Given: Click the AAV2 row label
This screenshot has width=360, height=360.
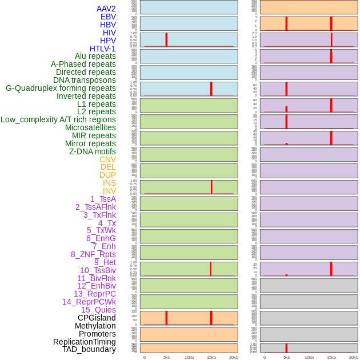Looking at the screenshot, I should pos(106,9).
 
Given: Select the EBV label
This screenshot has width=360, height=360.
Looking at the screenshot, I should pos(108,17).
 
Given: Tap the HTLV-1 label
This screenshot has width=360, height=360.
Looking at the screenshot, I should pos(102,49).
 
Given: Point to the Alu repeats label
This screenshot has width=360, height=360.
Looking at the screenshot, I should pos(95,56).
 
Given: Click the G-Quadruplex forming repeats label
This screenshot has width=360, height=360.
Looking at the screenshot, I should pos(61,88).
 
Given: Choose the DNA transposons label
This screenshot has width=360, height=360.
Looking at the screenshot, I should pos(85,80).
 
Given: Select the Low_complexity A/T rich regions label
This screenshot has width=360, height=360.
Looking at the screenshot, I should pos(58,119).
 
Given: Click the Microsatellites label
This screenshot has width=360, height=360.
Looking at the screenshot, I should pos(90,127).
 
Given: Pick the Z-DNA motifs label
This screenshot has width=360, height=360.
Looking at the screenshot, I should pos(93,151).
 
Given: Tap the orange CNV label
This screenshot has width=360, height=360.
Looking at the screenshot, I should pos(107,159).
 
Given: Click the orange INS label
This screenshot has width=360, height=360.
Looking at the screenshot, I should pos(109,183).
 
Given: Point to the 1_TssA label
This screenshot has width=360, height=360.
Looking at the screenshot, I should pos(103,199).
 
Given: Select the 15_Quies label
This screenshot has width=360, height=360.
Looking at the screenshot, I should pos(98,310).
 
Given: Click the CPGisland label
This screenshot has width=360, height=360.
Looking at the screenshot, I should pos(97,318).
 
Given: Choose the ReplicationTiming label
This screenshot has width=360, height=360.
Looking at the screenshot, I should pos(85,342).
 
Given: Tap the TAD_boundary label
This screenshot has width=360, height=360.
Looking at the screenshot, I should pos(89,349).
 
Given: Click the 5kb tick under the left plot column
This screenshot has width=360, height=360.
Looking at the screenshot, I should pos(167,357).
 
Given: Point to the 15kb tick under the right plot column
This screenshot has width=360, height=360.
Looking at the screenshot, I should pos(331,357).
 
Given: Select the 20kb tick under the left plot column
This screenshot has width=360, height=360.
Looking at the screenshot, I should pos(234,357).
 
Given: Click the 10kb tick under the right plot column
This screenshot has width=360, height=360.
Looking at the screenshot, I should pos(309,357).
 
